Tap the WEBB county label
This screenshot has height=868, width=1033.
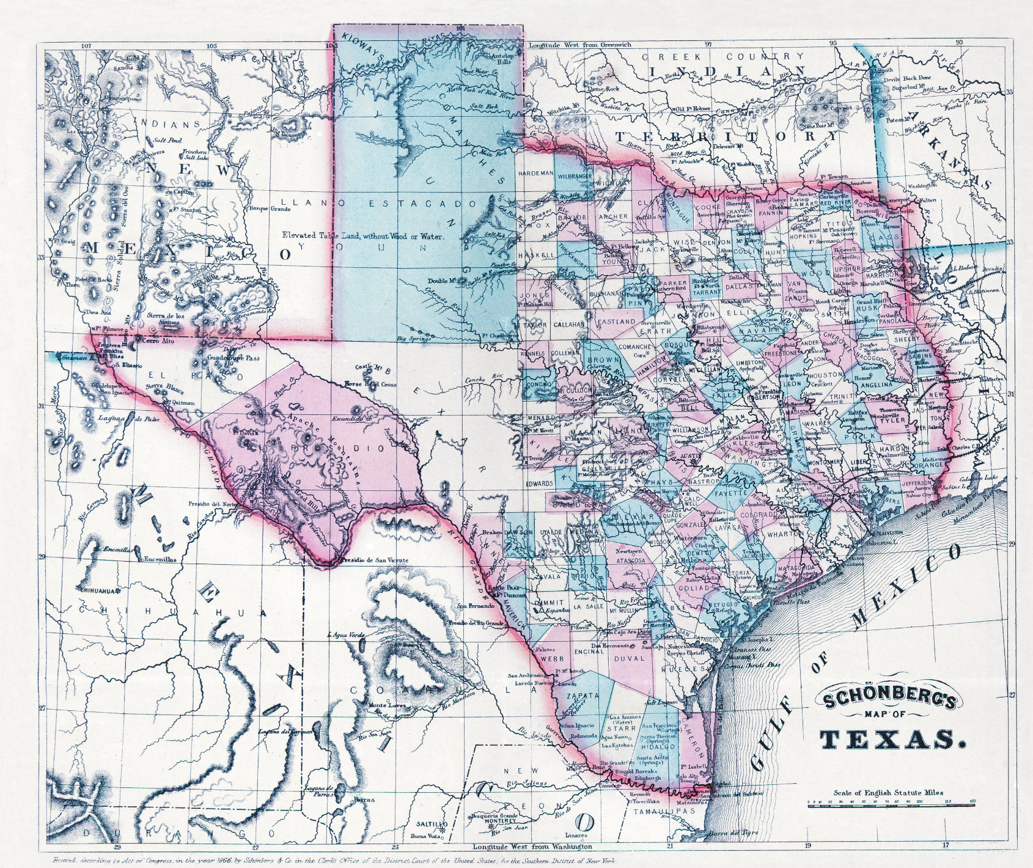tap(551, 659)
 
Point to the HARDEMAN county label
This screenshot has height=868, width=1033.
tap(535, 174)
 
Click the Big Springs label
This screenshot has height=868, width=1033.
tap(410, 338)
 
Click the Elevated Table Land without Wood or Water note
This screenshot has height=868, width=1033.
tap(363, 235)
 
